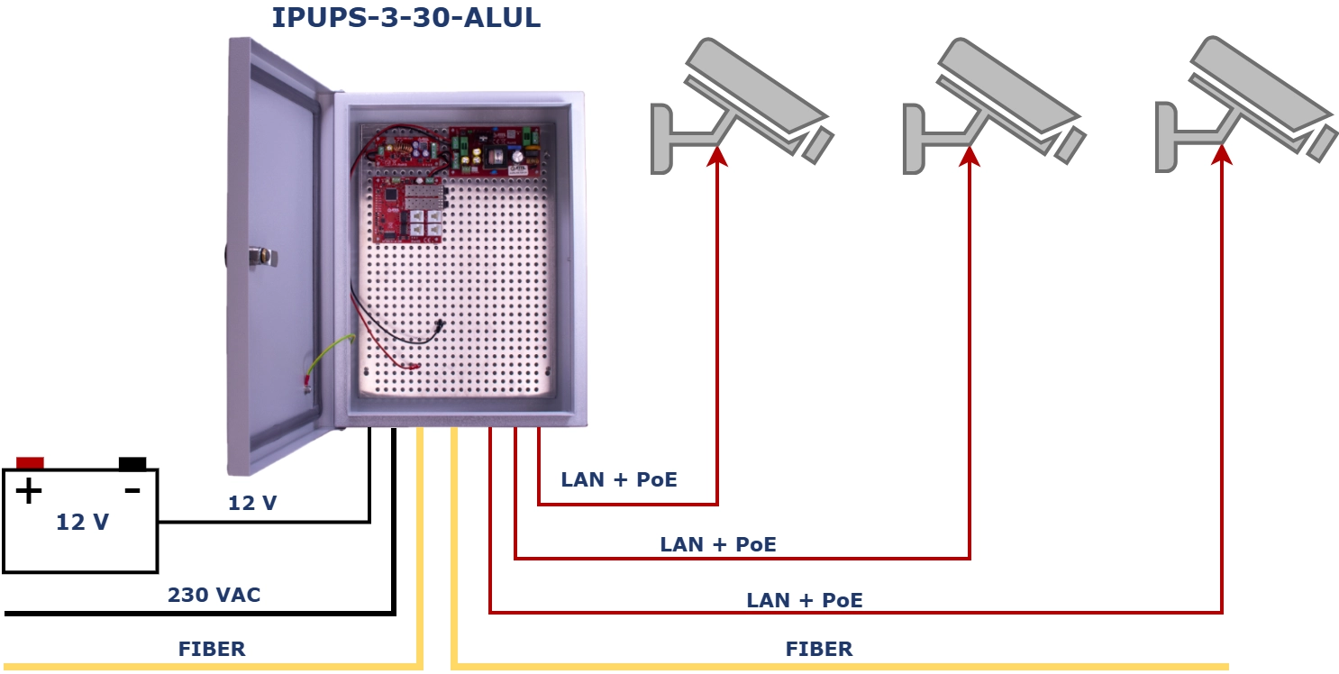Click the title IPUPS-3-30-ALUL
point(405,17)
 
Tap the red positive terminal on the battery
point(30,463)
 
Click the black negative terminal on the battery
point(132,464)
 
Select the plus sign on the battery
point(29,491)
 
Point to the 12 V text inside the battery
point(83,523)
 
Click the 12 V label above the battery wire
point(252,503)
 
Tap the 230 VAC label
point(214,595)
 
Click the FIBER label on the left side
point(212,649)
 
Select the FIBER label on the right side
point(819,649)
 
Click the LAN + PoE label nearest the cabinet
point(619,479)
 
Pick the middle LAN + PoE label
point(718,545)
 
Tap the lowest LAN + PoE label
point(805,600)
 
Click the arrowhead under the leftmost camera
point(717,156)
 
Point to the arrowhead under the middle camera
point(970,156)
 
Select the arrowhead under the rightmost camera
point(1223,154)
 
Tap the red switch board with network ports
point(408,210)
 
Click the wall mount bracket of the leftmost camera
point(661,139)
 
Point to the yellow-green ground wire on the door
point(330,359)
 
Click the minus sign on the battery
point(132,491)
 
